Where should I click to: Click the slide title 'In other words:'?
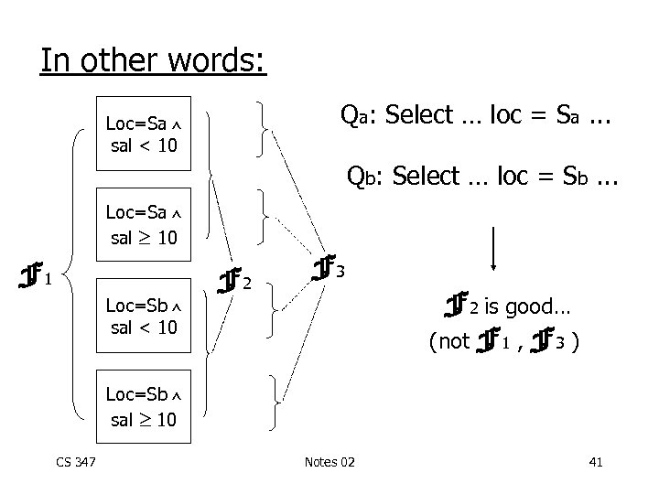click(153, 61)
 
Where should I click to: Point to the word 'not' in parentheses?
click(451, 343)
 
